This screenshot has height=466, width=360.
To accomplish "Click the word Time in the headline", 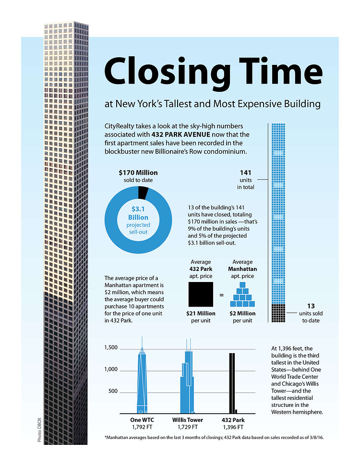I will [x=280, y=71].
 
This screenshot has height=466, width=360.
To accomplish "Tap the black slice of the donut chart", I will [x=143, y=193].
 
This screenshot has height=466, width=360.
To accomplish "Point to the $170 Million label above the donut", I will [x=138, y=172].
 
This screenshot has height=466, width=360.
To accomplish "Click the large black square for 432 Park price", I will [x=201, y=294].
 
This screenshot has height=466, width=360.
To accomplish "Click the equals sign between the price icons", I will [x=222, y=294].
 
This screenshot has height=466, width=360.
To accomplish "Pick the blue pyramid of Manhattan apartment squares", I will [x=244, y=294].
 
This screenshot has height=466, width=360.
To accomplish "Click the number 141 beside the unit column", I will [x=246, y=172].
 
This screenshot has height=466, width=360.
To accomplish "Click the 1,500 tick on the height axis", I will [x=111, y=347].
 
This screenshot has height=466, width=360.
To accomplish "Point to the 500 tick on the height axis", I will [x=113, y=391].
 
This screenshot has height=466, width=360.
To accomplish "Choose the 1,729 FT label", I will [x=188, y=427].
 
